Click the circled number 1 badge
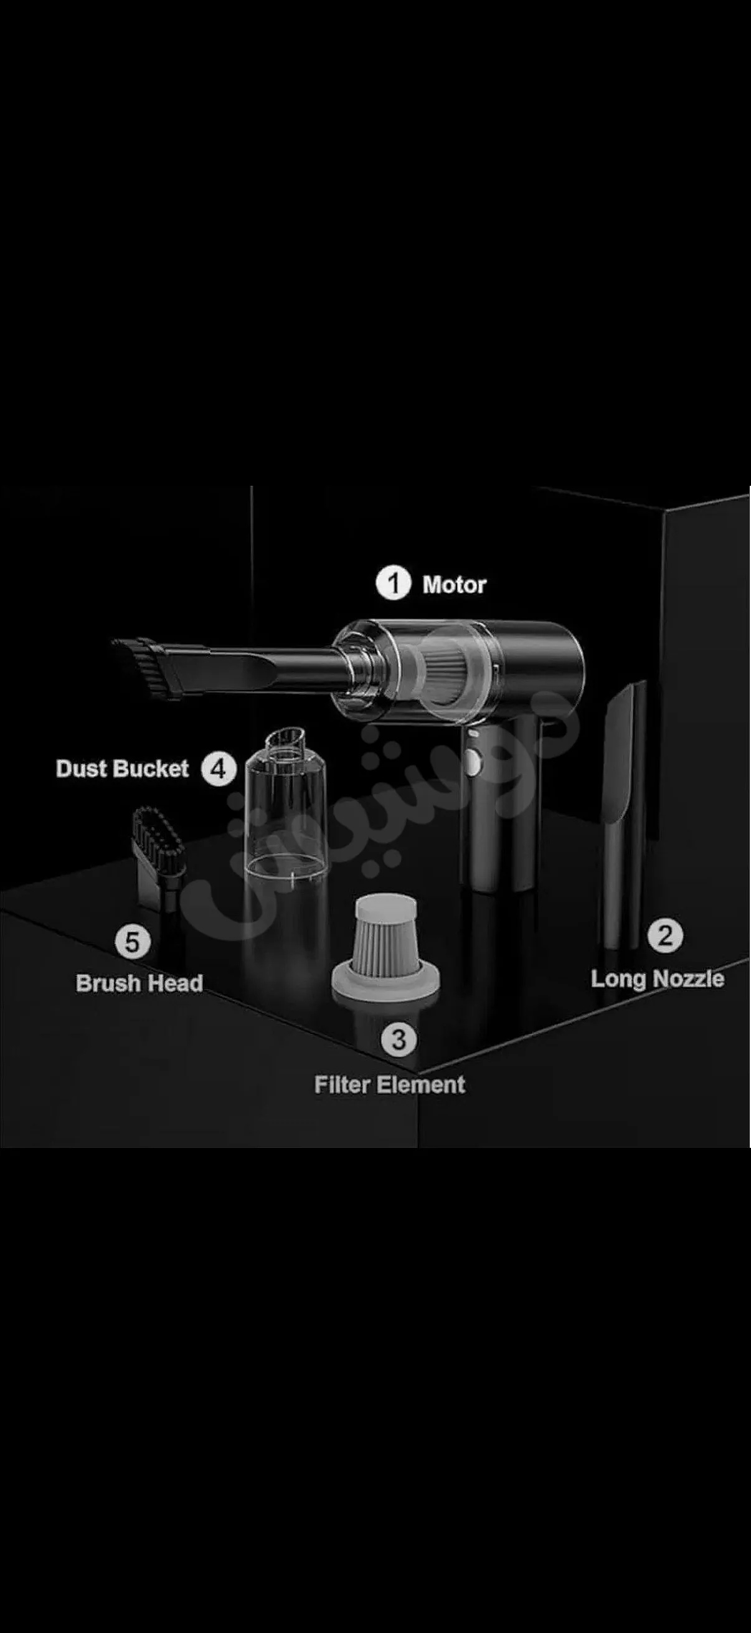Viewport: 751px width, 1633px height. [394, 583]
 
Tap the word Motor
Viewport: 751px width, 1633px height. [455, 584]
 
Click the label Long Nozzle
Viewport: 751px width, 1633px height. [657, 979]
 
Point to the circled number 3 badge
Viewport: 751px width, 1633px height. [399, 1039]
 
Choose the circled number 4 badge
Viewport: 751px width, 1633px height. [219, 770]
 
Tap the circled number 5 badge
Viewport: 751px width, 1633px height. [133, 942]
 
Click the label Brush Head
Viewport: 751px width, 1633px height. [139, 983]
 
